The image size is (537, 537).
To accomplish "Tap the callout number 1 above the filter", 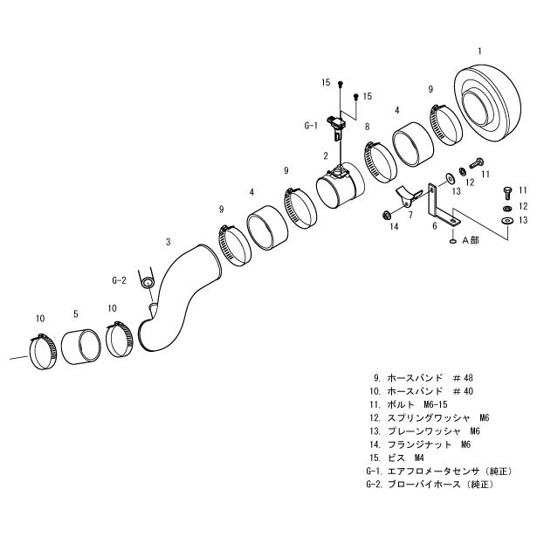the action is tap(478, 51).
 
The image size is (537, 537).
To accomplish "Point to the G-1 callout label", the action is tap(311, 126).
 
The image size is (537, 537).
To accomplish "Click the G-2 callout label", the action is tap(120, 280).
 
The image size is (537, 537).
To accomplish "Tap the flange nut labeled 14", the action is tap(384, 214).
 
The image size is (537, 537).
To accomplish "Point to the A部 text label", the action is tap(471, 238).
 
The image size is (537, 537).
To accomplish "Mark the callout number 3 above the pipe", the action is tap(168, 240).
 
